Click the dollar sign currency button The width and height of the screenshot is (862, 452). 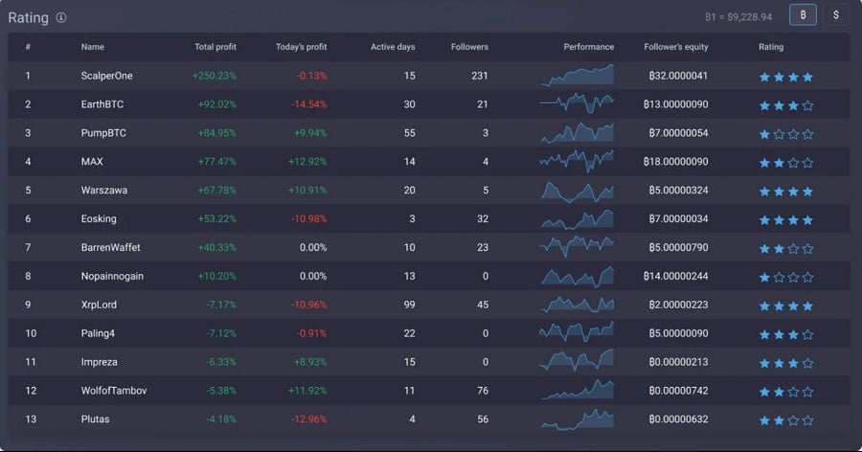836,15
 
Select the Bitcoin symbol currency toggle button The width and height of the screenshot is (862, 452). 803,15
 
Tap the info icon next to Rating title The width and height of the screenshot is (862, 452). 61,18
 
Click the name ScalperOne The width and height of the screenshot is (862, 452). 106,76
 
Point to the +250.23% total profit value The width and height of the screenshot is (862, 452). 214,76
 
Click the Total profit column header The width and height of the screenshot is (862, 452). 215,47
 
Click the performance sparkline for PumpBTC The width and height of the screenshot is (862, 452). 577,132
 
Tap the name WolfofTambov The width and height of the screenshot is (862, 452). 114,391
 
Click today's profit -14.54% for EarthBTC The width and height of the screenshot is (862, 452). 306,104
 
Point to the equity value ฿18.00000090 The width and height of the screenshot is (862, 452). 677,162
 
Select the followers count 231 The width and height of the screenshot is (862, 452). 480,76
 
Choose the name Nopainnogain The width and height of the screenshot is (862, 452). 113,276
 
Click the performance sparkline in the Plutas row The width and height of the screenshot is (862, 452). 577,418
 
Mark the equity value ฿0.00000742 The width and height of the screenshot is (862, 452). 677,391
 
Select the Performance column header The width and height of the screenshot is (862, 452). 589,47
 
